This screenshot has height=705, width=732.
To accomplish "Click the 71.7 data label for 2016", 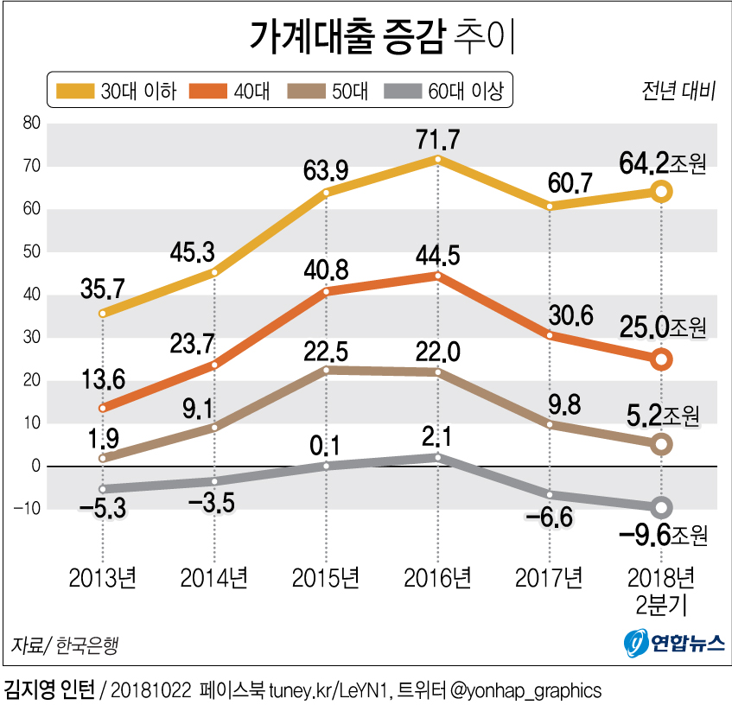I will pyautogui.click(x=438, y=137).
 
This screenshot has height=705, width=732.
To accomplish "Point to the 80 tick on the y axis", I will pyautogui.click(x=31, y=124).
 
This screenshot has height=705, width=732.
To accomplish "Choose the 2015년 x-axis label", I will pyautogui.click(x=327, y=576).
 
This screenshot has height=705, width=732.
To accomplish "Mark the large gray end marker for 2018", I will pyautogui.click(x=661, y=507).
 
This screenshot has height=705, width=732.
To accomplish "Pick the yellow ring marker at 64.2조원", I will pyautogui.click(x=661, y=191).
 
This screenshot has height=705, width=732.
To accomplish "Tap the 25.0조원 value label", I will pyautogui.click(x=662, y=328).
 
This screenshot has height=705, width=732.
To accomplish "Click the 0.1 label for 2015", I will pyautogui.click(x=327, y=446).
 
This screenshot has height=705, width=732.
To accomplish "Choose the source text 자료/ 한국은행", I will pyautogui.click(x=65, y=645).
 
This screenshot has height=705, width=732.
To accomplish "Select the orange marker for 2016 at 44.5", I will pyautogui.click(x=438, y=276).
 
